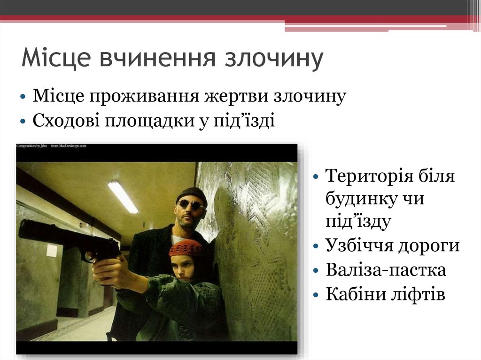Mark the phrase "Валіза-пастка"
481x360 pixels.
click(x=385, y=270)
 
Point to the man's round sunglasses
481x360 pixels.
click(x=190, y=204)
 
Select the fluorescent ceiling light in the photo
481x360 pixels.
click(x=123, y=197)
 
